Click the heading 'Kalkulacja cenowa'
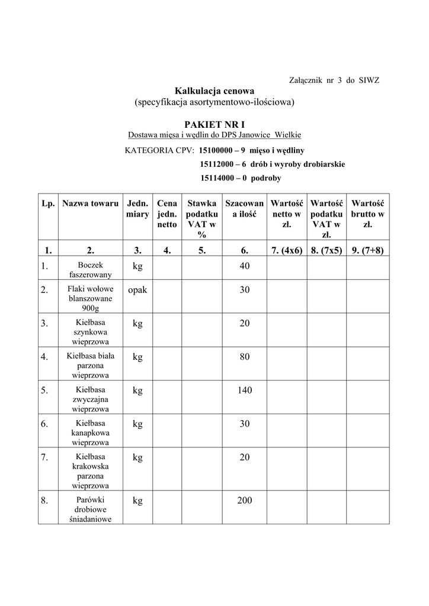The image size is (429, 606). tap(214, 91)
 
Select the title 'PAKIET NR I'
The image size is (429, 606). tap(214, 125)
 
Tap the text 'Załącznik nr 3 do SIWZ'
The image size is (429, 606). tap(334, 79)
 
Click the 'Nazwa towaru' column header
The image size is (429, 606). tap(90, 204)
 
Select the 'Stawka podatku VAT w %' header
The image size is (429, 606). tap(202, 219)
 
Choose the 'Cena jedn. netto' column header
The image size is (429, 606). tap(167, 214)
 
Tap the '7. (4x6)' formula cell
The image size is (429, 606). tap(287, 250)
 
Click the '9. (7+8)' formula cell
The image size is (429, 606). tap(367, 250)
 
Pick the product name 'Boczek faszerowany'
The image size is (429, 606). tap(90, 270)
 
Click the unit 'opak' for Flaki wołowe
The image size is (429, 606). tap(137, 290)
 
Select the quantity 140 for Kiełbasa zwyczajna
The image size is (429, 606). tap(245, 390)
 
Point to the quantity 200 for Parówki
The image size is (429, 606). tap(245, 501)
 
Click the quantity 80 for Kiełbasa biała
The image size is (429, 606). tap(245, 357)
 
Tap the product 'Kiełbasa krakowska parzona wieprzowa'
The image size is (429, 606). tap(90, 471)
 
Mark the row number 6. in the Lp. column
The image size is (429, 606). tap(44, 424)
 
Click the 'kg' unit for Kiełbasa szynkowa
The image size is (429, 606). tap(137, 323)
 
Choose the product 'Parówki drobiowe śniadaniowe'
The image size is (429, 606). tap(90, 510)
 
